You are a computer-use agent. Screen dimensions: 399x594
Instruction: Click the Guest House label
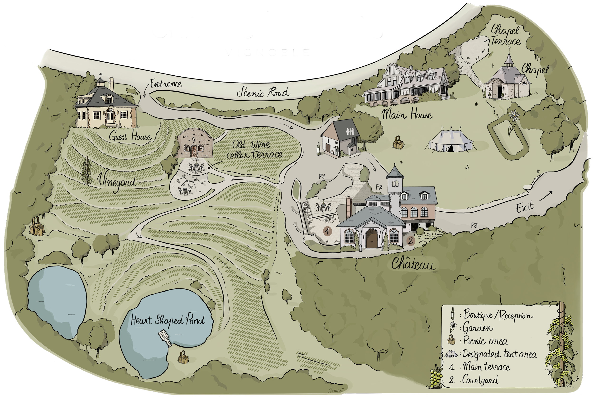point(130,136)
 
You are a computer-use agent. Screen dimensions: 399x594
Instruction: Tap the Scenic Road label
point(263,92)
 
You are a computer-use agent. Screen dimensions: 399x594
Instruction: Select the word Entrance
point(166,84)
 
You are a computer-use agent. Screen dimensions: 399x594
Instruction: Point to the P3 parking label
point(474,225)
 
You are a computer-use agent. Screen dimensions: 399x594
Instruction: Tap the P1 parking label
point(322,176)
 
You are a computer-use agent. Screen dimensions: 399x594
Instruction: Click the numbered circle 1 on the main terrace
point(327,231)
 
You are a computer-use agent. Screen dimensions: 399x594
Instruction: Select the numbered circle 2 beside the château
point(411,240)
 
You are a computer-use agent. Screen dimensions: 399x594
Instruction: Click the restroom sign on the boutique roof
point(350,131)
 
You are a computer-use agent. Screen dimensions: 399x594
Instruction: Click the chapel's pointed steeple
point(509,59)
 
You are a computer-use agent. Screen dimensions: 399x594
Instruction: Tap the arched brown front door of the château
point(372,238)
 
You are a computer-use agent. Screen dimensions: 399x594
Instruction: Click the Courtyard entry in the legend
point(480,380)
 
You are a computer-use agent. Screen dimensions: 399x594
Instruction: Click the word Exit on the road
point(525,207)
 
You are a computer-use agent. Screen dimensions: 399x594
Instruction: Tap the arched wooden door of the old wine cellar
point(193,151)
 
